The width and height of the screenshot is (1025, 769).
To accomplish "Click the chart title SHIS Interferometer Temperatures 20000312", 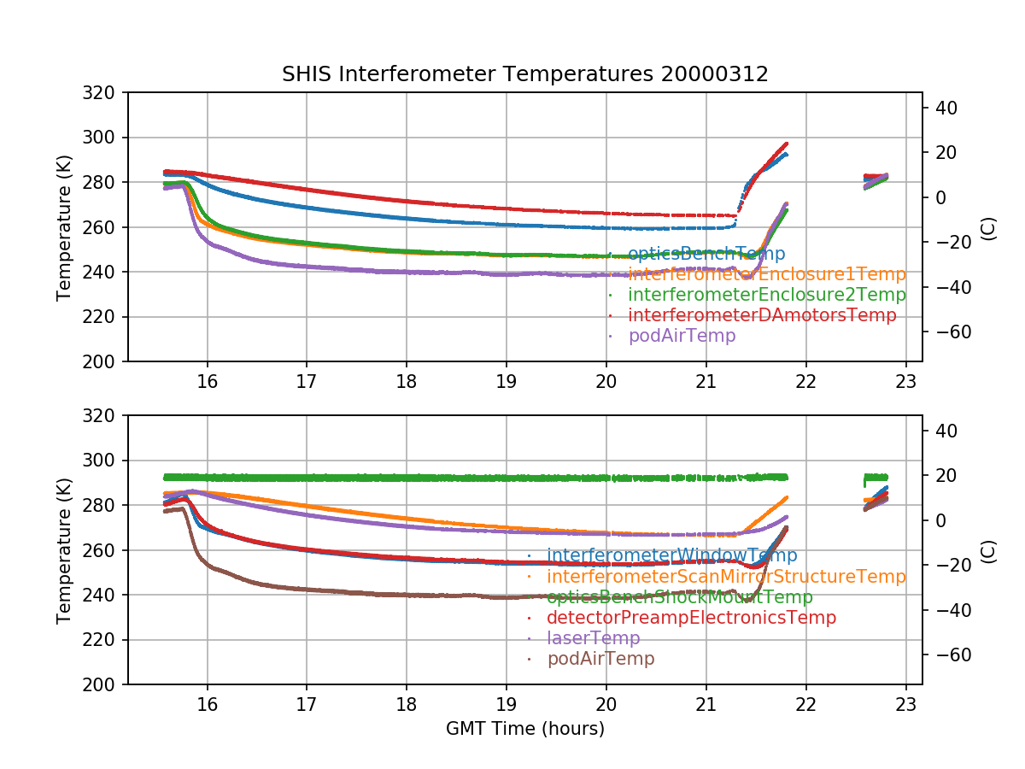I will point(524,74).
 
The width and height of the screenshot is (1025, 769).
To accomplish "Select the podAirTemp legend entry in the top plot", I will point(682,336).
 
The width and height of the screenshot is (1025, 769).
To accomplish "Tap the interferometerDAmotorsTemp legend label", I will point(762,315).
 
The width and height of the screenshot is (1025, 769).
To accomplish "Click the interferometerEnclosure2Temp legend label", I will point(766,295).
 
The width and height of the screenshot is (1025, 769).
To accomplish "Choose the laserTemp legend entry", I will point(593,638).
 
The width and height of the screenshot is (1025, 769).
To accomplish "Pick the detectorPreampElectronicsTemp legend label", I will point(691,618).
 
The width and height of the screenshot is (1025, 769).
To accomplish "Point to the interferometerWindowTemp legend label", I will point(671,556).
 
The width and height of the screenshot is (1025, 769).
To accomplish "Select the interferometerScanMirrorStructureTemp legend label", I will point(726,577).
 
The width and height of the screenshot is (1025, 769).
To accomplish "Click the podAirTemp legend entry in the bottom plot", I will point(600,659).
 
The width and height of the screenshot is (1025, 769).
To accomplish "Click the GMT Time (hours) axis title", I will point(524,729).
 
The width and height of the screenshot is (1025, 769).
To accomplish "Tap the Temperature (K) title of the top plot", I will point(64,227).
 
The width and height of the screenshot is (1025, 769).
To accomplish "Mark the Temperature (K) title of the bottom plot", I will point(64,550).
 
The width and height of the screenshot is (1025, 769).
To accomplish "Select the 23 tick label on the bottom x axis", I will point(906,703).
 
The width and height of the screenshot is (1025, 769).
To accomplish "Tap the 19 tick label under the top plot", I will point(507,380).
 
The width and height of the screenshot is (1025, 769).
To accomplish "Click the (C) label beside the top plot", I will point(989,227).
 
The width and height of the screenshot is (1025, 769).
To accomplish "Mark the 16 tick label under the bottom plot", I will point(207,703).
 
